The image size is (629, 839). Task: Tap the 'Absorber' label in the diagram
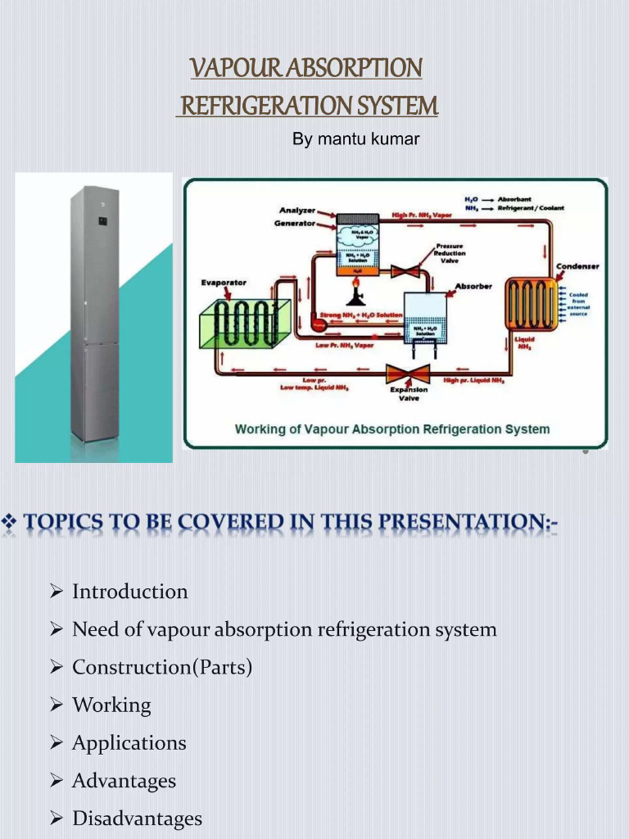tap(473, 286)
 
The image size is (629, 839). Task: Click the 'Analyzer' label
tap(296, 211)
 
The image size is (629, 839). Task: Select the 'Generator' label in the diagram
tap(294, 223)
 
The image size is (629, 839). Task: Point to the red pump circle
tap(319, 324)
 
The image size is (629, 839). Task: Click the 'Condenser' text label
tap(577, 266)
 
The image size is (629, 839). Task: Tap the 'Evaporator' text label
tap(224, 283)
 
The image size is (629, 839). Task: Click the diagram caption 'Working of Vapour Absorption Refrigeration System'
tap(392, 429)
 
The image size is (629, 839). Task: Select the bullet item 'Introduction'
tap(129, 592)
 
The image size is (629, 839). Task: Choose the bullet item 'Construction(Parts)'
tap(161, 667)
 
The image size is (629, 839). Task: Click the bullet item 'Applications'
tap(129, 742)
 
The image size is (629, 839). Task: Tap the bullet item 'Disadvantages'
tap(137, 818)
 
